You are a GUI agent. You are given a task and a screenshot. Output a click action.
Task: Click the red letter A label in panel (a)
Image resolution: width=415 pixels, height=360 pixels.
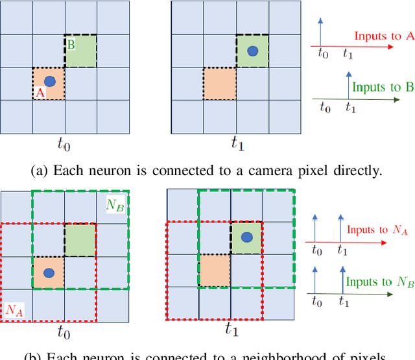[39, 93]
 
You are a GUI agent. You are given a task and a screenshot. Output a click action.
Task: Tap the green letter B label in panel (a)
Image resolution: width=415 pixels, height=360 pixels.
[71, 45]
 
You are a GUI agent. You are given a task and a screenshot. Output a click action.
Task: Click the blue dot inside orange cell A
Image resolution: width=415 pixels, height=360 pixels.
[49, 81]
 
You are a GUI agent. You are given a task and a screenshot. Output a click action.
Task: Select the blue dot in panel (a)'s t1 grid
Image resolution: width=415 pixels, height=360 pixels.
[252, 50]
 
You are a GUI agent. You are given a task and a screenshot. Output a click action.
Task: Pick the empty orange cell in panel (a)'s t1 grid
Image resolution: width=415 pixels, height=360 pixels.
[219, 83]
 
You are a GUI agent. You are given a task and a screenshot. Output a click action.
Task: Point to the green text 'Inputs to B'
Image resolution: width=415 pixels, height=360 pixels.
[382, 88]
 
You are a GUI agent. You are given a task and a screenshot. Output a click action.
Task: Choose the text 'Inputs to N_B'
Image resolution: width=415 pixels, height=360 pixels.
[377, 282]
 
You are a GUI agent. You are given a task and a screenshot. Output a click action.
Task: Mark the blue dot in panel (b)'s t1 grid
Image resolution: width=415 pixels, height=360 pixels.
[246, 238]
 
